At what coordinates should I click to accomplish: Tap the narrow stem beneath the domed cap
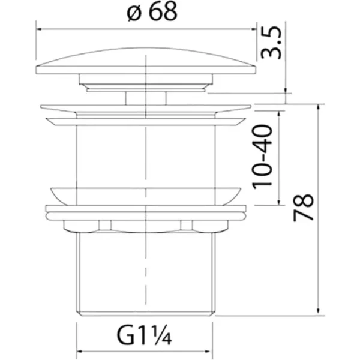pos(146,98)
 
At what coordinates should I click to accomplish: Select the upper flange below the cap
pos(146,111)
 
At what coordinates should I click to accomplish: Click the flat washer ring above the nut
pos(146,211)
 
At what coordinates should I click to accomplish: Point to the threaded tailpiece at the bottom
pos(146,270)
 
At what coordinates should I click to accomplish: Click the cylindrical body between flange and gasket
pos(146,156)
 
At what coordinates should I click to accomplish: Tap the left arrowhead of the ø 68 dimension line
pos(40,26)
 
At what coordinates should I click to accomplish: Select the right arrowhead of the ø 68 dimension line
pos(251,26)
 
